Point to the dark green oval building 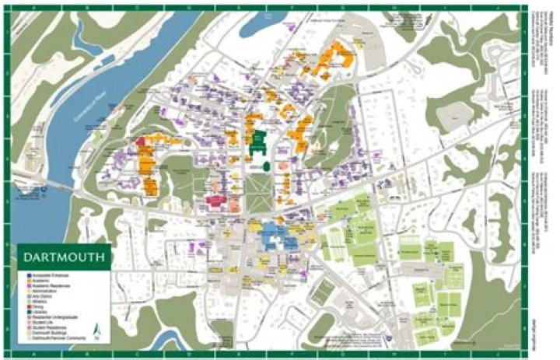pos(266,166)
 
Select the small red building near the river pos(142,143)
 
